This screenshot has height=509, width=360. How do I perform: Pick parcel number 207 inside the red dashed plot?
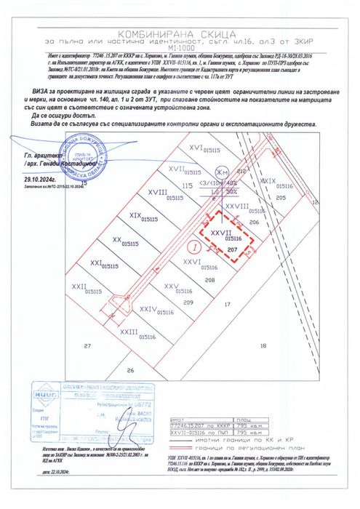(x=232, y=249)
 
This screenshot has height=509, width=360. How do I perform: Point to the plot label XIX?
(x=135, y=215)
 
